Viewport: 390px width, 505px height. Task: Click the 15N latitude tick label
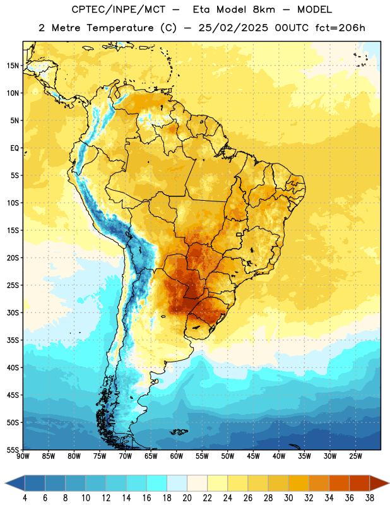pyautogui.click(x=13, y=66)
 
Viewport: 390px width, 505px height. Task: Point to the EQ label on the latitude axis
pyautogui.click(x=15, y=148)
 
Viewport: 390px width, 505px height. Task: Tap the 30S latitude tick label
pyautogui.click(x=13, y=312)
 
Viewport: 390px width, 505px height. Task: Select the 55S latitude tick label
pyautogui.click(x=13, y=449)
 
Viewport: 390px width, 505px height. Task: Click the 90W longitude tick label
pyautogui.click(x=23, y=456)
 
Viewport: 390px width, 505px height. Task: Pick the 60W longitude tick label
pyautogui.click(x=177, y=456)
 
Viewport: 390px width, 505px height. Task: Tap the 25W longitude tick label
pyautogui.click(x=355, y=456)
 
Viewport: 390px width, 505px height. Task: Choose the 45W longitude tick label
pyautogui.click(x=254, y=456)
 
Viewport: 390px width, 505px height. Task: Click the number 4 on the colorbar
pyautogui.click(x=25, y=498)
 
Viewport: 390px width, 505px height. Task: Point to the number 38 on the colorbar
pyautogui.click(x=370, y=498)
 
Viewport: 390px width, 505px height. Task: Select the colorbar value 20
pyautogui.click(x=187, y=498)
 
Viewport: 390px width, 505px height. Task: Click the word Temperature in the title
pyautogui.click(x=120, y=28)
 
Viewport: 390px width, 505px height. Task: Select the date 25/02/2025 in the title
pyautogui.click(x=233, y=28)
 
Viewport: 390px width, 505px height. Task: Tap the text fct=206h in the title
pyautogui.click(x=340, y=28)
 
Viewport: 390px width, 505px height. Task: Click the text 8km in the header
pyautogui.click(x=264, y=9)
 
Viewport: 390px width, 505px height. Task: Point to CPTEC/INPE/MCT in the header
pyautogui.click(x=118, y=9)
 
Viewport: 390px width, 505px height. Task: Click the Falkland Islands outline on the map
pyautogui.click(x=179, y=432)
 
